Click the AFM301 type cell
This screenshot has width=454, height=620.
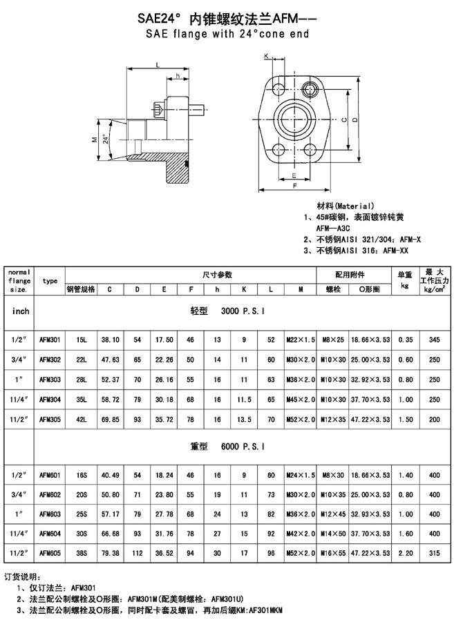pos(50,340)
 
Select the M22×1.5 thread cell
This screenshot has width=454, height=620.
pos(301,340)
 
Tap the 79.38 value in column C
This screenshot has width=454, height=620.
pos(111,553)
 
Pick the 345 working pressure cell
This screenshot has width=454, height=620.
pos(434,340)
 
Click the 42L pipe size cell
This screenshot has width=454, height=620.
pos(81,419)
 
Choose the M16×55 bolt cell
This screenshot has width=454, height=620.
pos(333,553)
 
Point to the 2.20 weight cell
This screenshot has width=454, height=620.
pos(406,553)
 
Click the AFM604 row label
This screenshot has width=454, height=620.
pos(50,534)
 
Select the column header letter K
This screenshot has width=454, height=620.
pos(244,289)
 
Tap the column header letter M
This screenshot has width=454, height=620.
pos(301,289)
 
